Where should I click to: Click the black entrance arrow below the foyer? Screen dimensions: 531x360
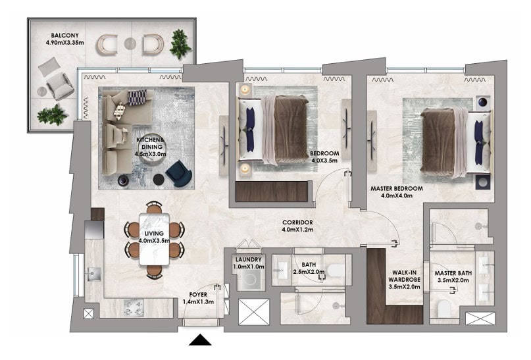click(x=200, y=340)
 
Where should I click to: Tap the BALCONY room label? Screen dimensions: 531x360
click(x=64, y=36)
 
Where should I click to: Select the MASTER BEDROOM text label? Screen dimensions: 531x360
click(x=397, y=189)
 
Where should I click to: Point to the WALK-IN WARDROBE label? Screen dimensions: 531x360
click(x=405, y=276)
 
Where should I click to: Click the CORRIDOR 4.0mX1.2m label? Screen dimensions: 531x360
click(x=297, y=226)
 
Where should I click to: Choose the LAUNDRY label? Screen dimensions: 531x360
click(x=249, y=259)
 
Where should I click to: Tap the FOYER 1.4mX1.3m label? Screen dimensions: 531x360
click(x=198, y=298)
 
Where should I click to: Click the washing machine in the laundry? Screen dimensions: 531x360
click(x=251, y=280)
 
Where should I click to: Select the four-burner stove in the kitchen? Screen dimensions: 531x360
click(x=134, y=308)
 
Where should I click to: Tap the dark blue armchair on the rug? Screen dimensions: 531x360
click(x=179, y=173)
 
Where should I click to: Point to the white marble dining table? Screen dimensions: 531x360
click(x=155, y=239)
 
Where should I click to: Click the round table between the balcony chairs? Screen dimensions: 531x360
click(x=130, y=43)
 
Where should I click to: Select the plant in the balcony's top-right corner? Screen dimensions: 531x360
click(x=180, y=43)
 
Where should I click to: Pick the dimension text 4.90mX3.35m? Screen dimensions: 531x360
click(x=64, y=43)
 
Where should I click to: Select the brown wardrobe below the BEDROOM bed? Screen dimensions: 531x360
click(x=271, y=192)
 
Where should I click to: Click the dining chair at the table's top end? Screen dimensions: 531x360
click(x=154, y=207)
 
